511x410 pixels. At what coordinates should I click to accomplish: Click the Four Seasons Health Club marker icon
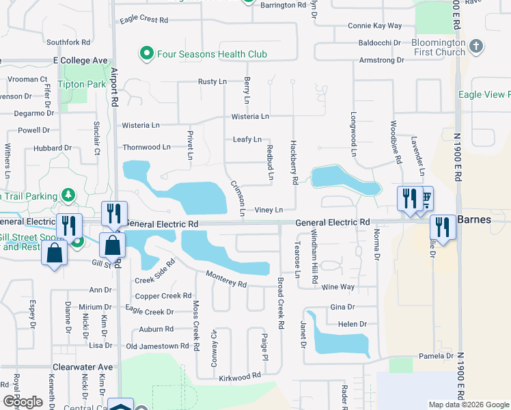pos(146,53)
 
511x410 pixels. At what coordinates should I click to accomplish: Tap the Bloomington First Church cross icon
pos(477,46)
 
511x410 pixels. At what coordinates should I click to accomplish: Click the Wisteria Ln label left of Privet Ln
pos(141,126)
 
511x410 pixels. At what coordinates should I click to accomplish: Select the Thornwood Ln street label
pos(146,147)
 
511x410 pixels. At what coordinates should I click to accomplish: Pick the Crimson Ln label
pos(238,197)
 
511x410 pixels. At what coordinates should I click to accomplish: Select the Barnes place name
pos(473,219)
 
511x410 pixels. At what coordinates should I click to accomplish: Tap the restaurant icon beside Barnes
pos(441,226)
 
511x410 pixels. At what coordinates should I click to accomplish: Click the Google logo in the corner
pos(23,402)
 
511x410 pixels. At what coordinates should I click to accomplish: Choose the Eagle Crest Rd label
pos(143,20)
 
